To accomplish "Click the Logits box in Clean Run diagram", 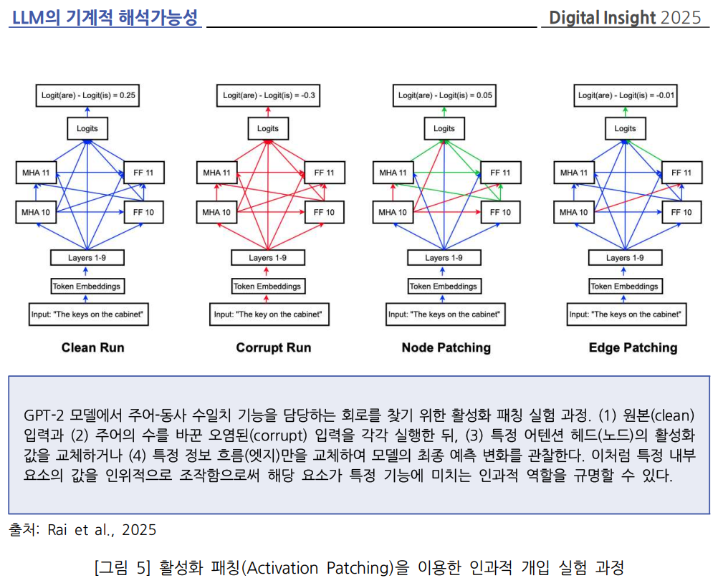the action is click(87, 129).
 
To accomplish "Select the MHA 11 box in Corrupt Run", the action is click(216, 173).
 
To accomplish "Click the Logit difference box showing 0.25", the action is click(87, 95).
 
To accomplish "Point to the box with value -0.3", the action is click(267, 95).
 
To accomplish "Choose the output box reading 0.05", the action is click(444, 95).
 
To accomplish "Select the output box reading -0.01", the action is click(626, 95).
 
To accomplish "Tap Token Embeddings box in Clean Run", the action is click(87, 286).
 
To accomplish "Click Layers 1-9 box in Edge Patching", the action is click(626, 258).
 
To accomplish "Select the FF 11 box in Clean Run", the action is click(143, 173).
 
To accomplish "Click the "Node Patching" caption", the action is click(446, 348).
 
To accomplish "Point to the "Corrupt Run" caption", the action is click(274, 348).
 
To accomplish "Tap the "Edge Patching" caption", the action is click(633, 348).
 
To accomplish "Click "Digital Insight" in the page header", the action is click(602, 17).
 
